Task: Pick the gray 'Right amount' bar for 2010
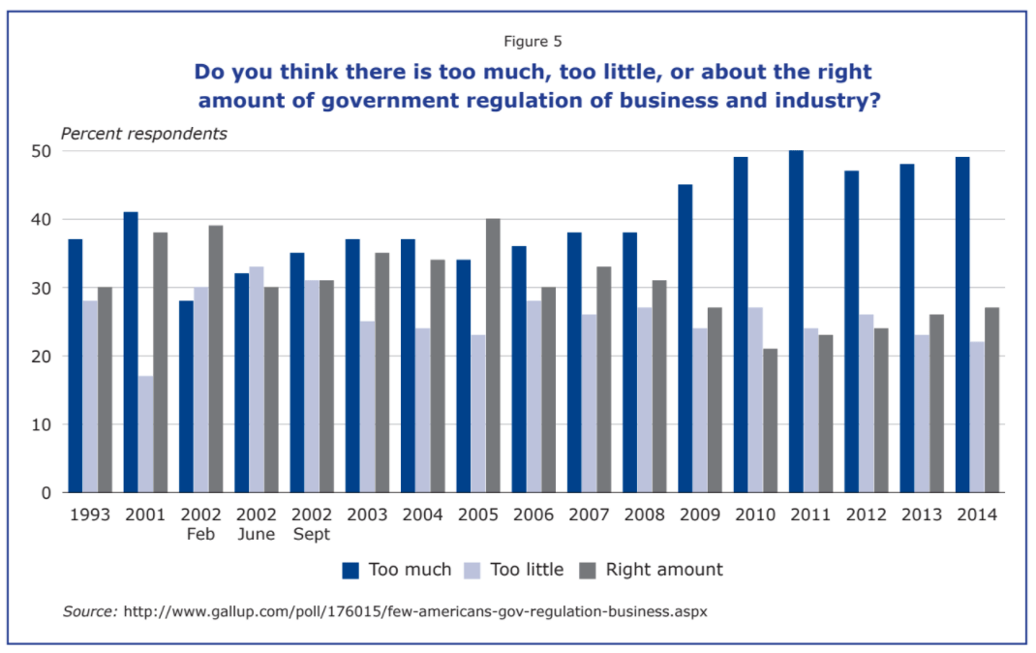(x=771, y=420)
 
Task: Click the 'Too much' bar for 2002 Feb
(x=186, y=396)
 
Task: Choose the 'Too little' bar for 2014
(x=977, y=417)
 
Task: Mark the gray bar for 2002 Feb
(x=215, y=359)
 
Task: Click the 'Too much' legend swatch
(x=350, y=570)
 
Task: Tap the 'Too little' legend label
(x=527, y=570)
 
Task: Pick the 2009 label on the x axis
(x=699, y=514)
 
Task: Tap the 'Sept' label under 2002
(x=311, y=534)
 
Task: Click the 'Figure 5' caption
(x=533, y=42)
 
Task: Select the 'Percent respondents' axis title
(x=144, y=134)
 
